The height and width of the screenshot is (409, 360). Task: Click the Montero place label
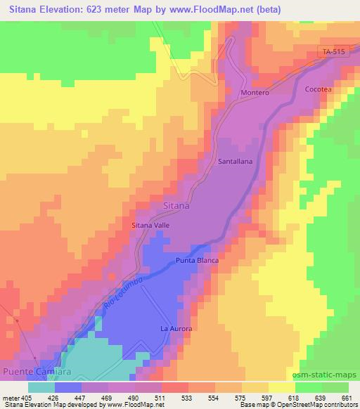[255, 93]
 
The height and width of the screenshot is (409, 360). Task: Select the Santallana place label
[236, 160]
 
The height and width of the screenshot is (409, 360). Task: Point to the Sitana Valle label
[150, 225]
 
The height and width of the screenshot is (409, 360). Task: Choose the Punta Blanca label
[197, 261]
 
